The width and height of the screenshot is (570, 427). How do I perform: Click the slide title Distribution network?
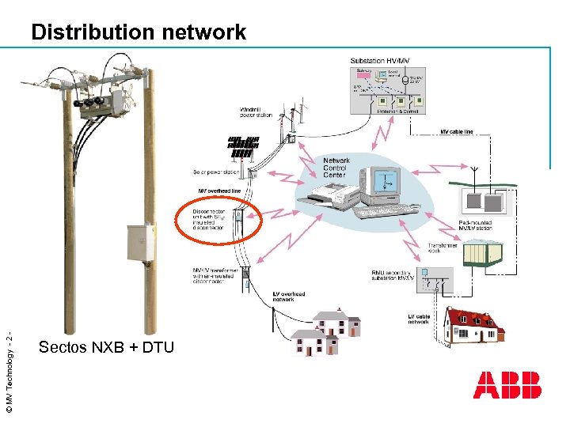pyautogui.click(x=139, y=32)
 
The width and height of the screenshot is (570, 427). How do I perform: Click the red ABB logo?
pyautogui.click(x=507, y=385)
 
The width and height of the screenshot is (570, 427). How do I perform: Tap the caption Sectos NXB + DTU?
pyautogui.click(x=106, y=347)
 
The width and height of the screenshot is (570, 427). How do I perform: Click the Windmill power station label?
pyautogui.click(x=255, y=112)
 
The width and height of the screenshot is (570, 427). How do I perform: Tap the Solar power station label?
pyautogui.click(x=215, y=172)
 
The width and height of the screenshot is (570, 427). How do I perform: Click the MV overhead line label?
pyautogui.click(x=218, y=191)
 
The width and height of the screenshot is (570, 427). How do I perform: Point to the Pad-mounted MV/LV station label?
pyautogui.click(x=475, y=226)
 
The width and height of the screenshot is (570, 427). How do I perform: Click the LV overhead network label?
pyautogui.click(x=283, y=296)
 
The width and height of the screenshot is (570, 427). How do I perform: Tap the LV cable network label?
pyautogui.click(x=418, y=319)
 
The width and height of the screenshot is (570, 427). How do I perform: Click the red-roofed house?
pyautogui.click(x=476, y=324)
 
